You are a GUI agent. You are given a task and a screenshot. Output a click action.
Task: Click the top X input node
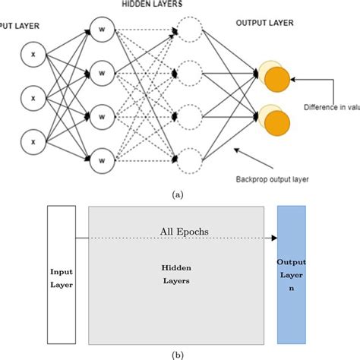[32, 56]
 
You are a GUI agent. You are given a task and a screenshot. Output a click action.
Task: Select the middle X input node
[32, 96]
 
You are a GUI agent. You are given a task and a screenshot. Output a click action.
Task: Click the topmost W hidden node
[101, 31]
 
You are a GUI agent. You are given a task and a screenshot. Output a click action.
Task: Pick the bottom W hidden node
[101, 159]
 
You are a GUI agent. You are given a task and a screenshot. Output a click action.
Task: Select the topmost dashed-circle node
[191, 31]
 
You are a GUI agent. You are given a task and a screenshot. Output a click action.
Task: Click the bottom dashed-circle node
[191, 159]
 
